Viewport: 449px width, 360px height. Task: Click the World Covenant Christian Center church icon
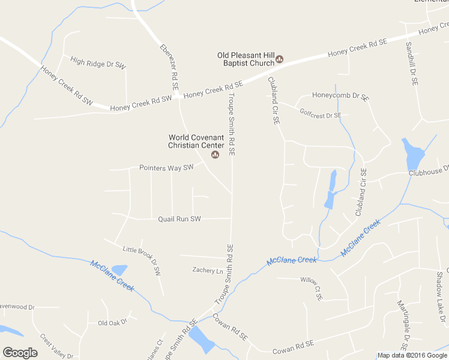click(215, 155)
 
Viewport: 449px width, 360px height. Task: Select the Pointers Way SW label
click(166, 168)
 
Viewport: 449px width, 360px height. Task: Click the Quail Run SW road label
click(179, 219)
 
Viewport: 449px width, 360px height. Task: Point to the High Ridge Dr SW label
click(98, 62)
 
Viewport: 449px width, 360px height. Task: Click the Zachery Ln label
click(207, 271)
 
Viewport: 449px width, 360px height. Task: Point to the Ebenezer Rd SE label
click(169, 67)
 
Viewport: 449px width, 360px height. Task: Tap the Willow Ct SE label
click(311, 288)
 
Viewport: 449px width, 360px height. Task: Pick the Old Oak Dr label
click(113, 322)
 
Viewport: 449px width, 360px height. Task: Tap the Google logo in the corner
click(20, 353)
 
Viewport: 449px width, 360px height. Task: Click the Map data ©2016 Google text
click(412, 355)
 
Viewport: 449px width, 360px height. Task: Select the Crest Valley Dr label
click(56, 346)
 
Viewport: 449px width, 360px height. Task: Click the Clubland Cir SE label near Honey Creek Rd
click(274, 100)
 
